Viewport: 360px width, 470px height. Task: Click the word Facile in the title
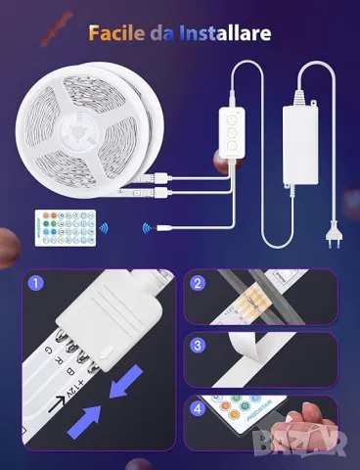[x=115, y=33]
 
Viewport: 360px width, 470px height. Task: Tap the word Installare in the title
[x=224, y=33]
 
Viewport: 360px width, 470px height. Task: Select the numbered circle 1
[x=37, y=285]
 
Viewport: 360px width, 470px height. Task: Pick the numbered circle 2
[x=199, y=285]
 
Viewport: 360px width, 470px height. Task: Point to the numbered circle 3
[x=199, y=345]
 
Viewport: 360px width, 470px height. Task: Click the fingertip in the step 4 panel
[x=311, y=411]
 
